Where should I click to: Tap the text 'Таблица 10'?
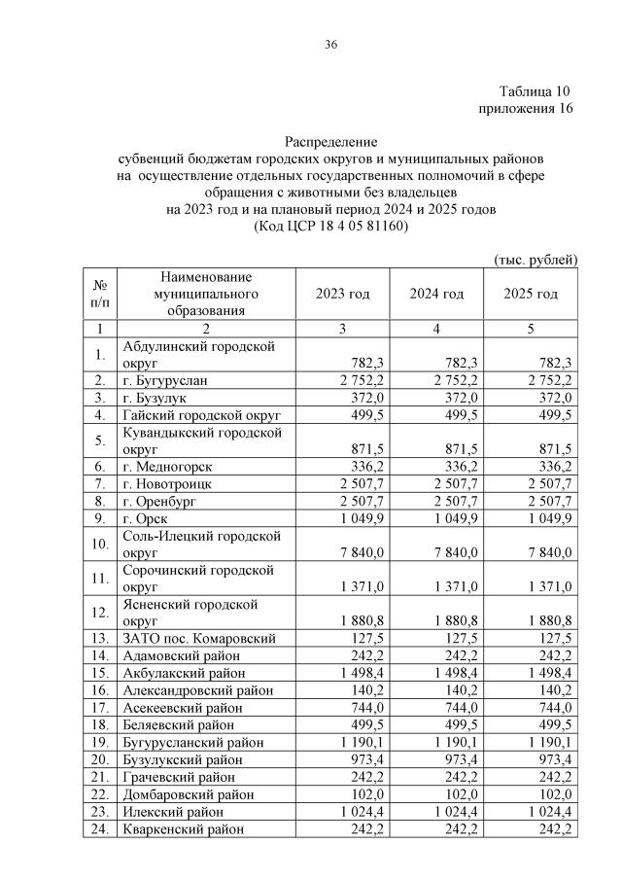[536, 90]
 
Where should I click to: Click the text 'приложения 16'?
[526, 108]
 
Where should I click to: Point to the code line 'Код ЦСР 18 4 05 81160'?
[330, 226]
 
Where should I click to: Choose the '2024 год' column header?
[436, 295]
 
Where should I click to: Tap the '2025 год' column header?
[531, 295]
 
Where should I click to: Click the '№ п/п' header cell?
[100, 295]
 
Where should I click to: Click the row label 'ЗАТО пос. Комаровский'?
[199, 639]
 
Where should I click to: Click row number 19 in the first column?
[100, 742]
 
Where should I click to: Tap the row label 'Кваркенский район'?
[181, 828]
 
